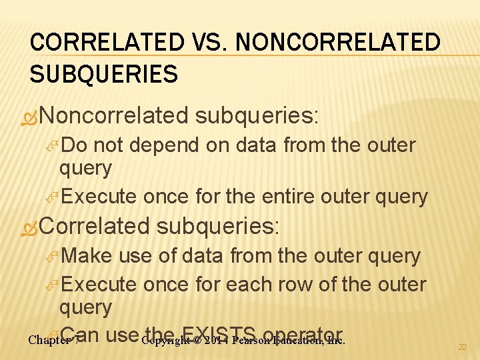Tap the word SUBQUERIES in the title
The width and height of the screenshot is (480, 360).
click(x=103, y=73)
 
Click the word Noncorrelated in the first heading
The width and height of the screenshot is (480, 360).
click(x=114, y=116)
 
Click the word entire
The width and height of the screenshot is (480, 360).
click(x=285, y=197)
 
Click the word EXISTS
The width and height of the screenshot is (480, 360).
click(x=219, y=335)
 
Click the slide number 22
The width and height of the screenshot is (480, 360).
click(x=462, y=347)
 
